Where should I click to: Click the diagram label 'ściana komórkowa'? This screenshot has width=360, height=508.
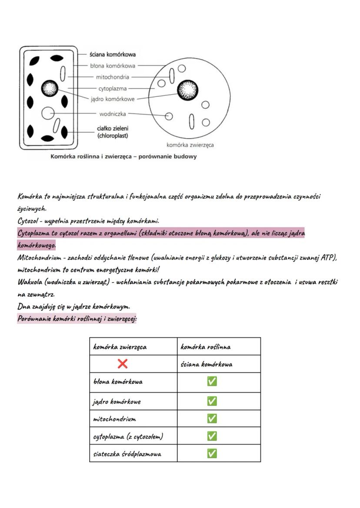113,55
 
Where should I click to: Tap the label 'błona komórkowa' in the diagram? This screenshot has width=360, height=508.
113,66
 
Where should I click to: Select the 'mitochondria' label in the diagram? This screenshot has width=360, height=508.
113,77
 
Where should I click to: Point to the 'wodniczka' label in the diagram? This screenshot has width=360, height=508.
113,114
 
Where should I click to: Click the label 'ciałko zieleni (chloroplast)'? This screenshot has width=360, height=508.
112,132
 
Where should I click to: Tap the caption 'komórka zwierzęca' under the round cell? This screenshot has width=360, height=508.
190,145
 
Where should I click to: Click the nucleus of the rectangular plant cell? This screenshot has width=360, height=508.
50,89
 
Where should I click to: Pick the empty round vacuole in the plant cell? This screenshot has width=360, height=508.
47,113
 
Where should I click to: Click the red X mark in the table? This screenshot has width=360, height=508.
123,364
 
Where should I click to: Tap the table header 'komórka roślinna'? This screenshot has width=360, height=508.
206,347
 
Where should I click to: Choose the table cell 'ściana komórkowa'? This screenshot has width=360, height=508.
207,364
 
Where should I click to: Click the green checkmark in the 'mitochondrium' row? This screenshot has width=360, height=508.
212,418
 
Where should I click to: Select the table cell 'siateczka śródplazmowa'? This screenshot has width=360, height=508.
127,454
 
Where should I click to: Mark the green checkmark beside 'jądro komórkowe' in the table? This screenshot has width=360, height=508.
212,401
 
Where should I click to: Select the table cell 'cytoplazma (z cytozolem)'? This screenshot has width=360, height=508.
128,436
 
